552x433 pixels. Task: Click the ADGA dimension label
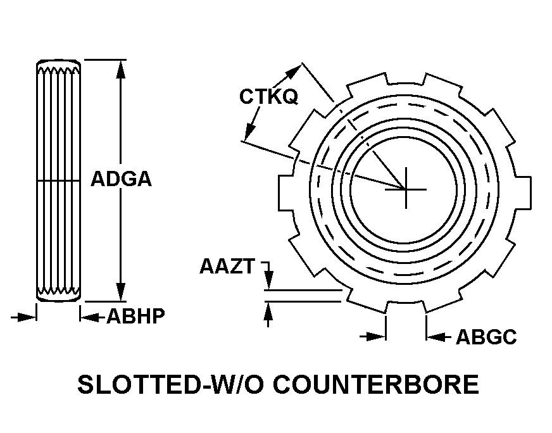[x=121, y=179]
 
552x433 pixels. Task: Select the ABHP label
[x=135, y=316]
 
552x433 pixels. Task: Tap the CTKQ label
[x=268, y=96]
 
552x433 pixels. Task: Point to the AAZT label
[x=227, y=266]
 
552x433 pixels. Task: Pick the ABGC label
[x=486, y=337]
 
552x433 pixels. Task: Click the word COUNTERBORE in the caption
[x=376, y=384]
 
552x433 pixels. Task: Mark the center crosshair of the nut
[x=406, y=189]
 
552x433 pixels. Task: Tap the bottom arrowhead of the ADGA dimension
[x=121, y=292]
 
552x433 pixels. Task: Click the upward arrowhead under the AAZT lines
[x=268, y=311]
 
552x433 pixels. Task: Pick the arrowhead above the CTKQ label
[x=293, y=72]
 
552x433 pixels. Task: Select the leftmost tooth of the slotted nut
[x=286, y=193]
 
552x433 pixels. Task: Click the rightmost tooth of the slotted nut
[x=524, y=193]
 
